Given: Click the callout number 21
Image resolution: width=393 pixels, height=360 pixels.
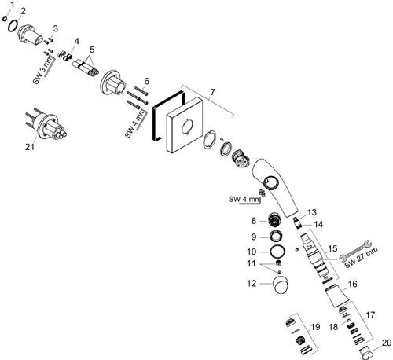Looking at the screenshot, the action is (30, 147).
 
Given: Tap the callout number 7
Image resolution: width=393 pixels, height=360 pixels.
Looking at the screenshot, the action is (212, 92).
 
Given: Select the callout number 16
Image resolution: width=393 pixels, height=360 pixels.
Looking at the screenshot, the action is (353, 284).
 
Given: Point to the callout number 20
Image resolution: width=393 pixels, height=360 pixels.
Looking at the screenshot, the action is (387, 343).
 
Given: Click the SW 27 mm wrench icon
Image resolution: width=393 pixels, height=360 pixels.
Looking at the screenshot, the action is (355, 251).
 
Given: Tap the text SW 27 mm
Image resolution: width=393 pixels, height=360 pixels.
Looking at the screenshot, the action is (362, 258).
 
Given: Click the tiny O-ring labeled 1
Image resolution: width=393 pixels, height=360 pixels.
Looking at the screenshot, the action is (5, 18).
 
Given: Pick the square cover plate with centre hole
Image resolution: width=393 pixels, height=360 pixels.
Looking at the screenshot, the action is (185, 125).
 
